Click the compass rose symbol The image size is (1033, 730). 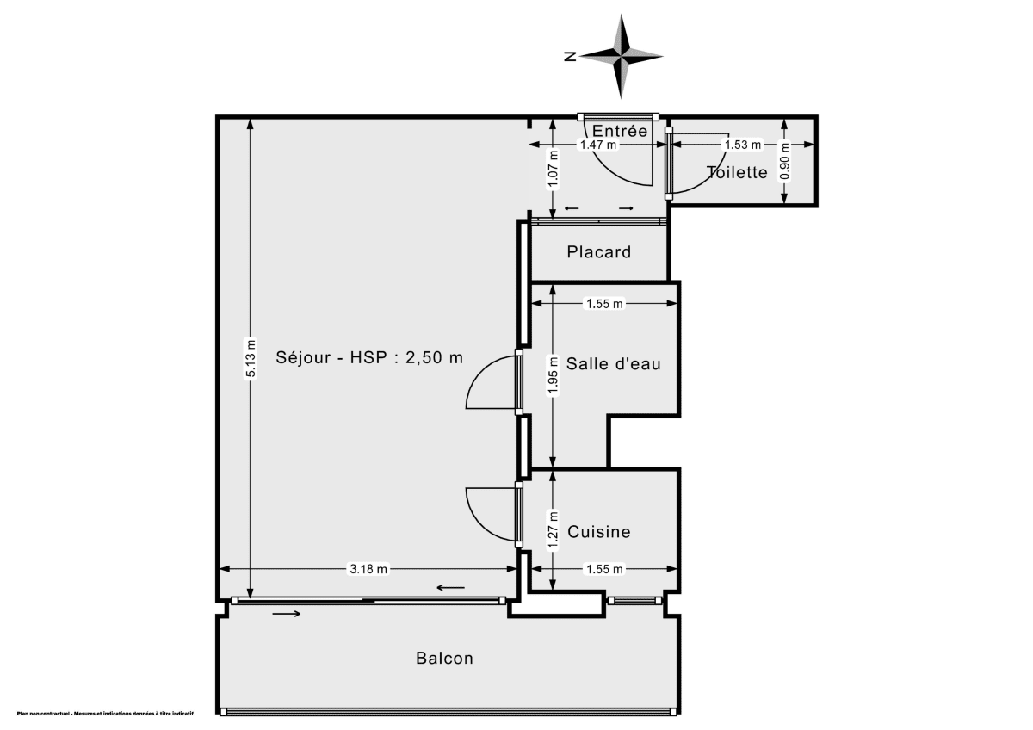[621, 57]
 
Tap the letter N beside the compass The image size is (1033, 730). [570, 57]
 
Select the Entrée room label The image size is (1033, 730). [620, 131]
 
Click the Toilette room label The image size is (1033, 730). [737, 172]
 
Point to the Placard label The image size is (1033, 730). [598, 252]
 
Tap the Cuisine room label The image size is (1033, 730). [599, 532]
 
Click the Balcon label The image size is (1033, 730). [444, 659]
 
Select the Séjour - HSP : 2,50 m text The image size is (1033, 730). [369, 357]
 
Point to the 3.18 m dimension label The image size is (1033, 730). [368, 569]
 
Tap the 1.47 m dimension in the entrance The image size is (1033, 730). [597, 145]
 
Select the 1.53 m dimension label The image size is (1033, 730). [742, 145]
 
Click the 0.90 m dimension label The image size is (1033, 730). [783, 164]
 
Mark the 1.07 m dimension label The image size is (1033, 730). [553, 169]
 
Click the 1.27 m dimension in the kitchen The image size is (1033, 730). [553, 527]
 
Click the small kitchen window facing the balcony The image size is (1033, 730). [633, 601]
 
